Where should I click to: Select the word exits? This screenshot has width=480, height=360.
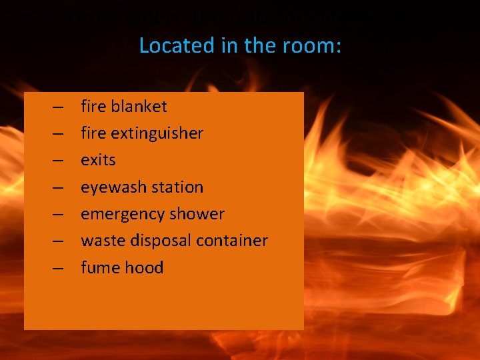[x=98, y=160]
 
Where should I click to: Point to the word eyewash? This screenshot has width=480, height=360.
[x=111, y=187]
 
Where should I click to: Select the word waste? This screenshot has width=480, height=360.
[x=99, y=241]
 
